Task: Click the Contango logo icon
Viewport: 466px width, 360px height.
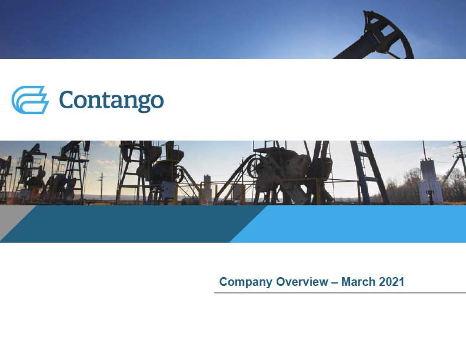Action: pyautogui.click(x=30, y=100)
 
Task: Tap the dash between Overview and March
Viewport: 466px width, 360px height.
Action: pyautogui.click(x=335, y=282)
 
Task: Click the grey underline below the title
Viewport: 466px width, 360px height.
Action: pyautogui.click(x=340, y=292)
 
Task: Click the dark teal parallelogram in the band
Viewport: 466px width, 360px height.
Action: pyautogui.click(x=134, y=224)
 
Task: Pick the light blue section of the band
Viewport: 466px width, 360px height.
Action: pyautogui.click(x=348, y=224)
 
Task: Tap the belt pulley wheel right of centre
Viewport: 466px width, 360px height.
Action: pyautogui.click(x=254, y=167)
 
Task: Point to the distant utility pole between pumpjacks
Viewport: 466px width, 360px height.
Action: pyautogui.click(x=101, y=186)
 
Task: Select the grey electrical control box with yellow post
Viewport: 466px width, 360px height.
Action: pyautogui.click(x=168, y=190)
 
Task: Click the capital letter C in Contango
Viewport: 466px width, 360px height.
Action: pyautogui.click(x=69, y=100)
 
